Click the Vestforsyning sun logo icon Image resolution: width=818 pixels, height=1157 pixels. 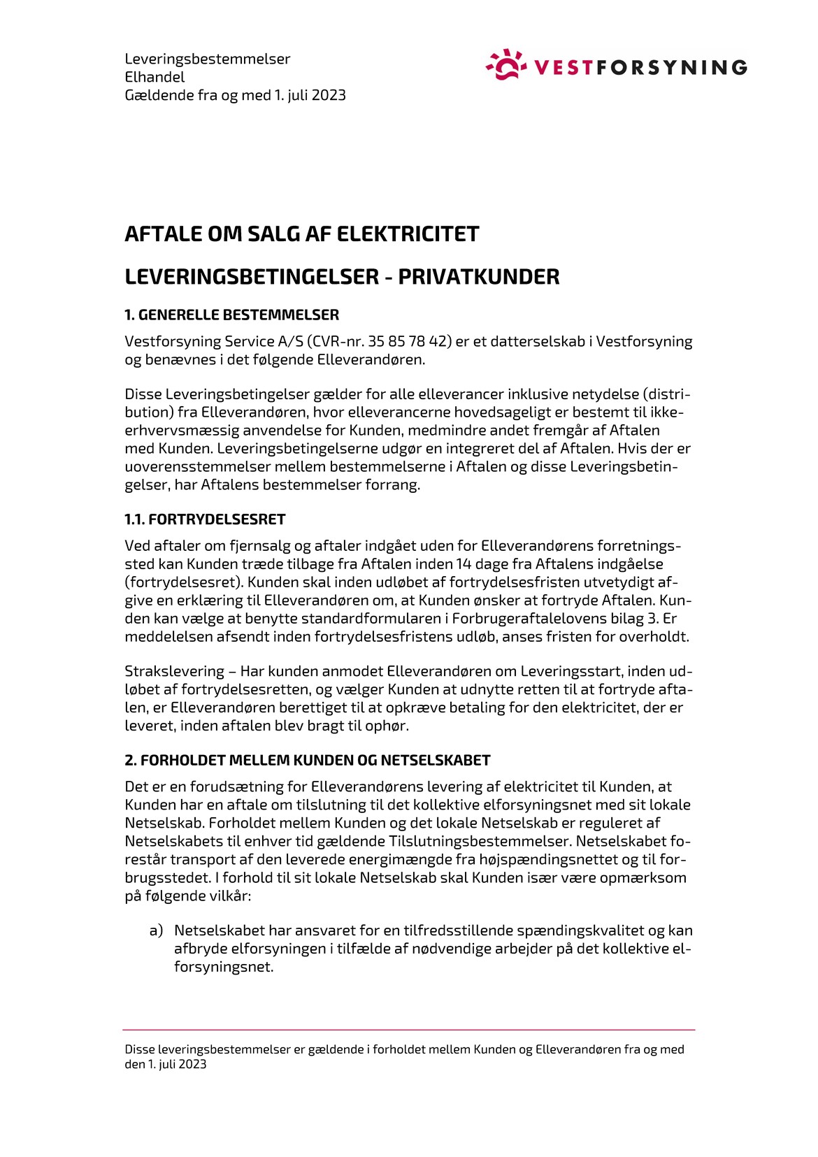point(505,64)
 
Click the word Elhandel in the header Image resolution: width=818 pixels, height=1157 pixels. point(155,77)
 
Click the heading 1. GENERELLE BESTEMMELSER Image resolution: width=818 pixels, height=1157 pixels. point(231,315)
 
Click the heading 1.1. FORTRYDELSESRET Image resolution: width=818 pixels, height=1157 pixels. point(205,519)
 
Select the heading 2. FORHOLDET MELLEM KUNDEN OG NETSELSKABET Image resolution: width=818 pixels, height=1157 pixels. point(307,760)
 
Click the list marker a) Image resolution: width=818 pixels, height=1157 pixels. point(156,931)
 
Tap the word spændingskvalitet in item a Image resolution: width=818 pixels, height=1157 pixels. point(586,931)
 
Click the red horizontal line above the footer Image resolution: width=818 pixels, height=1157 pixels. point(409,1030)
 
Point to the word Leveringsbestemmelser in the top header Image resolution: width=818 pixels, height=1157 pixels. point(207,59)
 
